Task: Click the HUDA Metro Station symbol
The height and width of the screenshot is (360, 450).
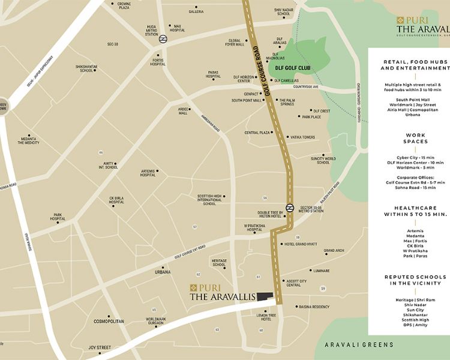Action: [163, 39]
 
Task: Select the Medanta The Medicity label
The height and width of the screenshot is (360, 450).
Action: [29, 140]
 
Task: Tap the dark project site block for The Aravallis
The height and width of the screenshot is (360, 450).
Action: [265, 296]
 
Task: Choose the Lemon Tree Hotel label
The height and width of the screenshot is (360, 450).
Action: [266, 317]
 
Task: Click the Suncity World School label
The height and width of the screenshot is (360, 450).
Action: [323, 160]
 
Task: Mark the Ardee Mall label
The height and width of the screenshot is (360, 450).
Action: [182, 111]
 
